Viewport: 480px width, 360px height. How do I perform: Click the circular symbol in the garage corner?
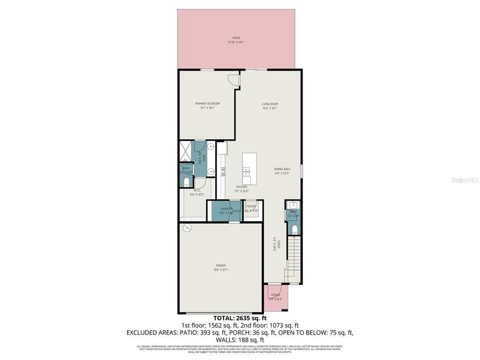click(x=187, y=228)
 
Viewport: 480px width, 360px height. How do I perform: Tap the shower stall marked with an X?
click(x=186, y=150)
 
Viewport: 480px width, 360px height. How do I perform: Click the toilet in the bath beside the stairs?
click(x=294, y=229)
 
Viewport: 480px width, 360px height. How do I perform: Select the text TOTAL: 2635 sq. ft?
click(x=240, y=318)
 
